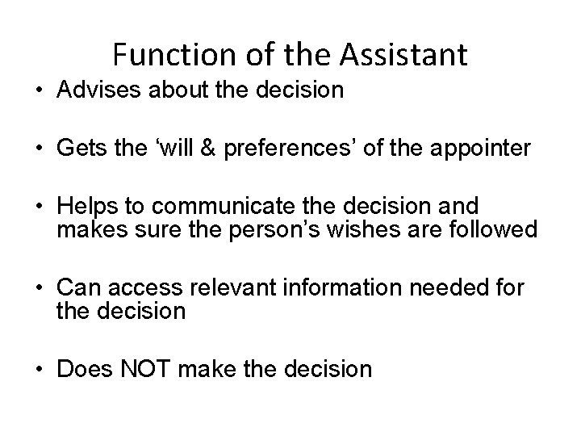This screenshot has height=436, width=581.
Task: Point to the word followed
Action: tap(496, 229)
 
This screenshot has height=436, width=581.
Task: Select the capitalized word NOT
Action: tap(148, 369)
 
